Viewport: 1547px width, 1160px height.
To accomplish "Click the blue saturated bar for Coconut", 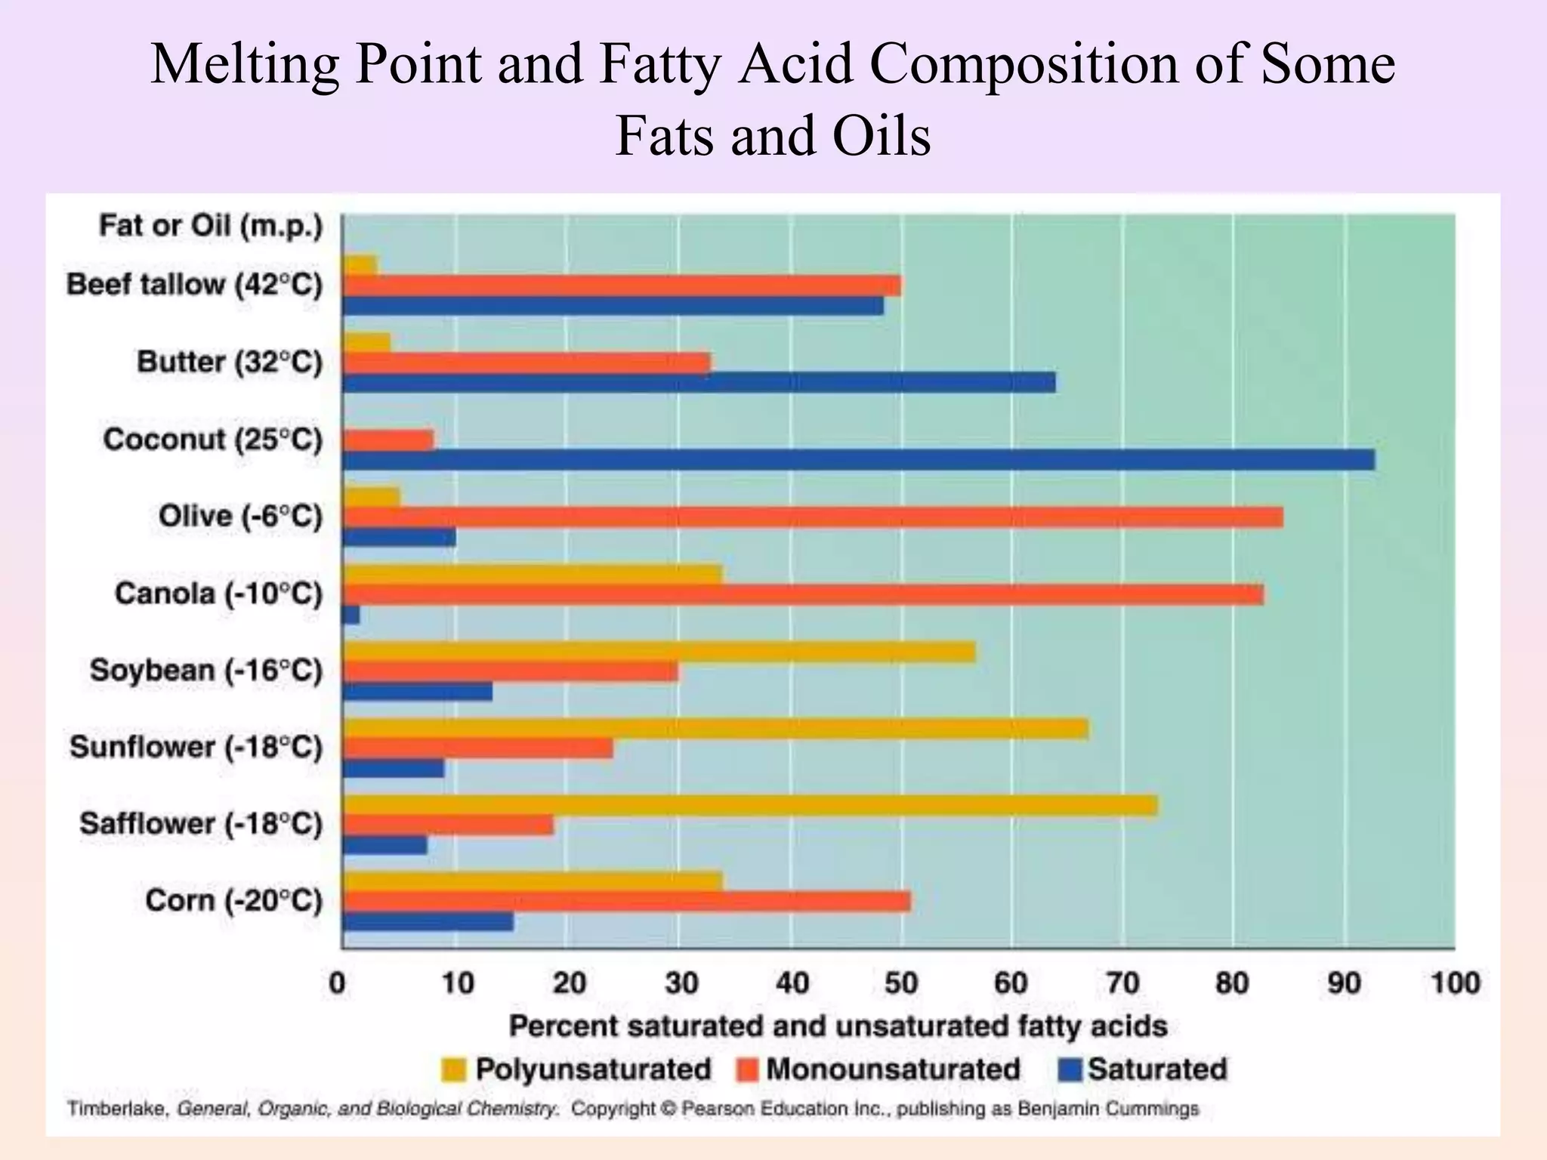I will [x=858, y=460].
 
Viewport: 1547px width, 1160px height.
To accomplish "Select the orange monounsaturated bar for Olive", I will [x=813, y=517].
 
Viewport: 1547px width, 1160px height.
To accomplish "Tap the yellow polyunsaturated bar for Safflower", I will [x=749, y=806].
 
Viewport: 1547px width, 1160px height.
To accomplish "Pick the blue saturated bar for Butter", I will [x=699, y=383].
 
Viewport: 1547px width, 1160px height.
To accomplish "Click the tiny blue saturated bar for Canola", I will [x=351, y=615].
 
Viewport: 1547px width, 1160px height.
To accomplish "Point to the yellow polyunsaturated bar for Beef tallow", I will [x=360, y=265].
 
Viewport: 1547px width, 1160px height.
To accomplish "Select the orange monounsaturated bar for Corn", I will [x=626, y=902].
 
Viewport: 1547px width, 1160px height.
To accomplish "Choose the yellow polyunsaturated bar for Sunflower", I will [x=715, y=729].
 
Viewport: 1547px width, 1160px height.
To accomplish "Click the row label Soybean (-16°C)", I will [x=205, y=671].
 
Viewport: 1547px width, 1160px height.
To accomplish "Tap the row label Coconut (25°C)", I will [x=212, y=440].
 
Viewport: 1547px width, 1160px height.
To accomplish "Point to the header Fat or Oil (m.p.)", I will [x=211, y=226].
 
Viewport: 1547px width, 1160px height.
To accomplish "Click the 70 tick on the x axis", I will [x=1122, y=983].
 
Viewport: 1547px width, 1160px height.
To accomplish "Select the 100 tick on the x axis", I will [x=1455, y=983].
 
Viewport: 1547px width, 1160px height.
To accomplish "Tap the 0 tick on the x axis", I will [x=338, y=983].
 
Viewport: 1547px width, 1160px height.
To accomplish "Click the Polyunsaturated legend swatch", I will [x=453, y=1070].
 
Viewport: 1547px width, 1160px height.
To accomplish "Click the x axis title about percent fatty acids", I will [x=838, y=1026].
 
